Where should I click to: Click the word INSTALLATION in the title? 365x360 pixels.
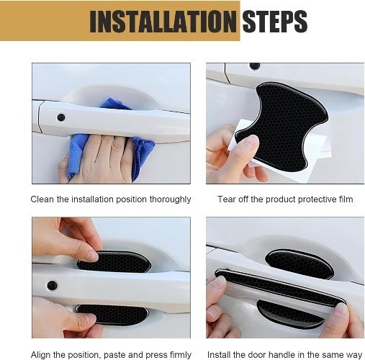[163, 22]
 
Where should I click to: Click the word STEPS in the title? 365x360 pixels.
[275, 21]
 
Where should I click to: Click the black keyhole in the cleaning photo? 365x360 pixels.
[61, 117]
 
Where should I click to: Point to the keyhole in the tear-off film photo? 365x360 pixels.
[254, 66]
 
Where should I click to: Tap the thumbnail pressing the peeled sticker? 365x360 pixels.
[251, 143]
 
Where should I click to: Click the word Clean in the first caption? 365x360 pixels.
[42, 199]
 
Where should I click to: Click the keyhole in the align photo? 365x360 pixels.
[52, 285]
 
